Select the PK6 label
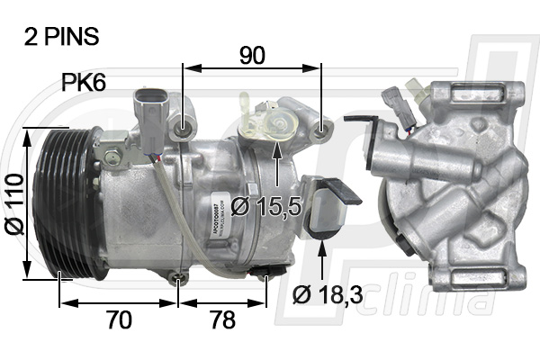pyautogui.click(x=84, y=84)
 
